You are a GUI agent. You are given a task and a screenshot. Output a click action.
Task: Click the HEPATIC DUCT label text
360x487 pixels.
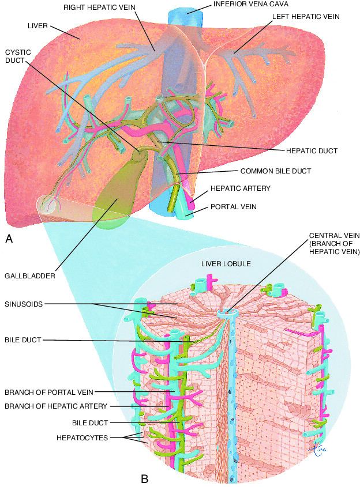(x=312, y=151)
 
